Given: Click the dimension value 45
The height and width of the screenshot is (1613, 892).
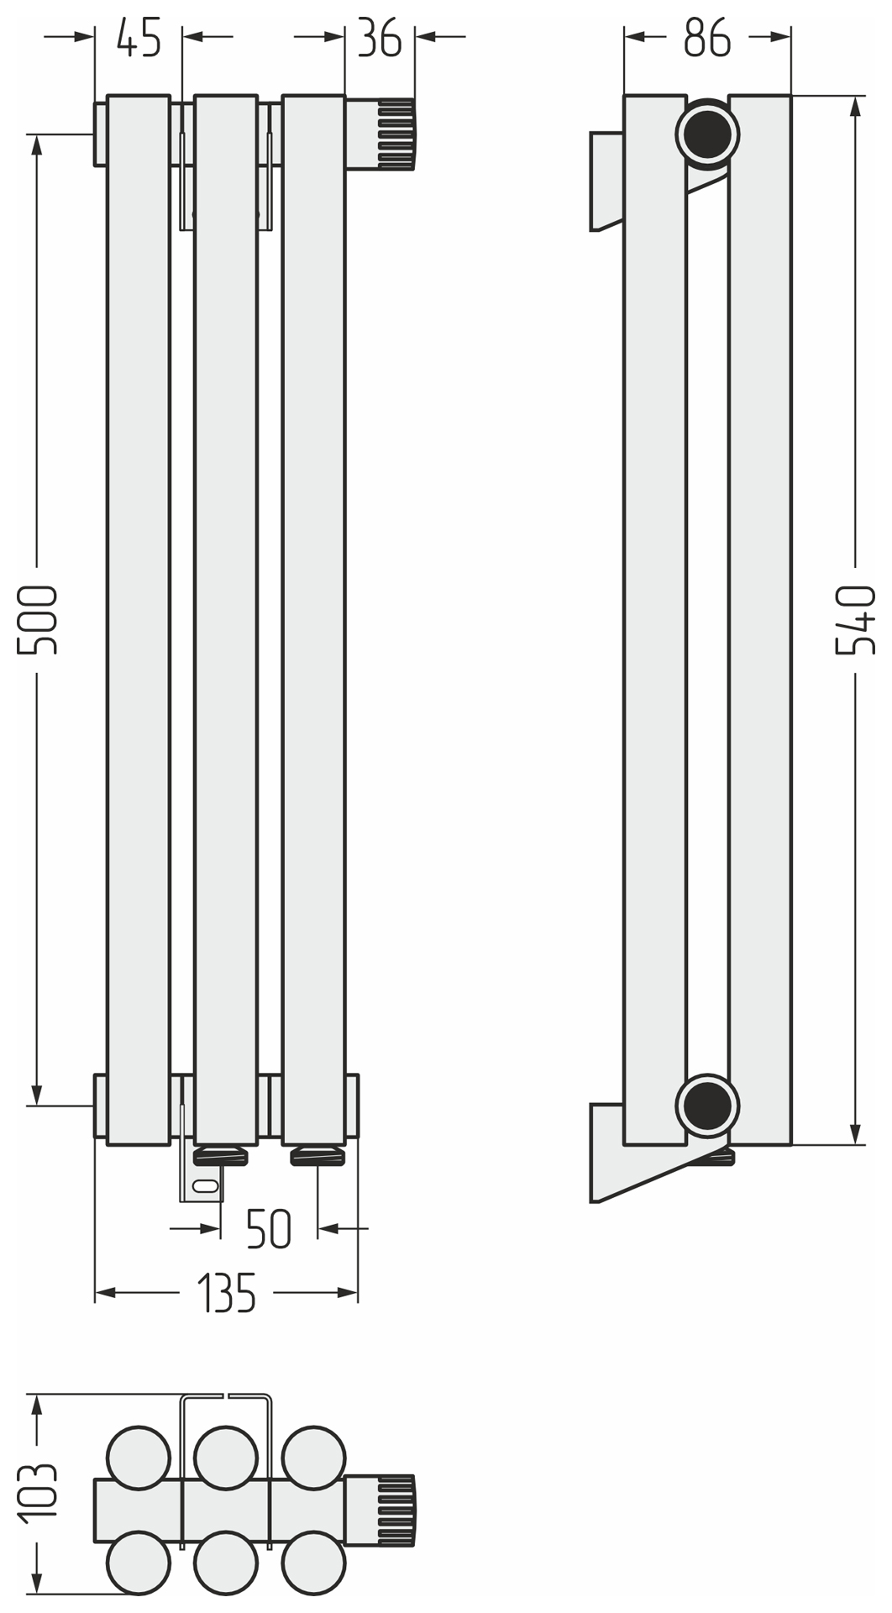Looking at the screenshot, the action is [139, 38].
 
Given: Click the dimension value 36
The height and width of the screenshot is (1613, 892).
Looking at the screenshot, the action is [380, 38].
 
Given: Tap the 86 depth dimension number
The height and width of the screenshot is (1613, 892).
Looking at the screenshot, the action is [707, 38].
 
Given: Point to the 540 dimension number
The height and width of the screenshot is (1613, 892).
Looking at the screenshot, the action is [855, 620].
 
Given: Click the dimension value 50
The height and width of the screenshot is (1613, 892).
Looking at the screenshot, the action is [269, 1229].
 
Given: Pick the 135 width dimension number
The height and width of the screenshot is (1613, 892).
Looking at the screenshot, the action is [227, 1293].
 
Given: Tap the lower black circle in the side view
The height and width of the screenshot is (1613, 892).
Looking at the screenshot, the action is [707, 1105].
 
